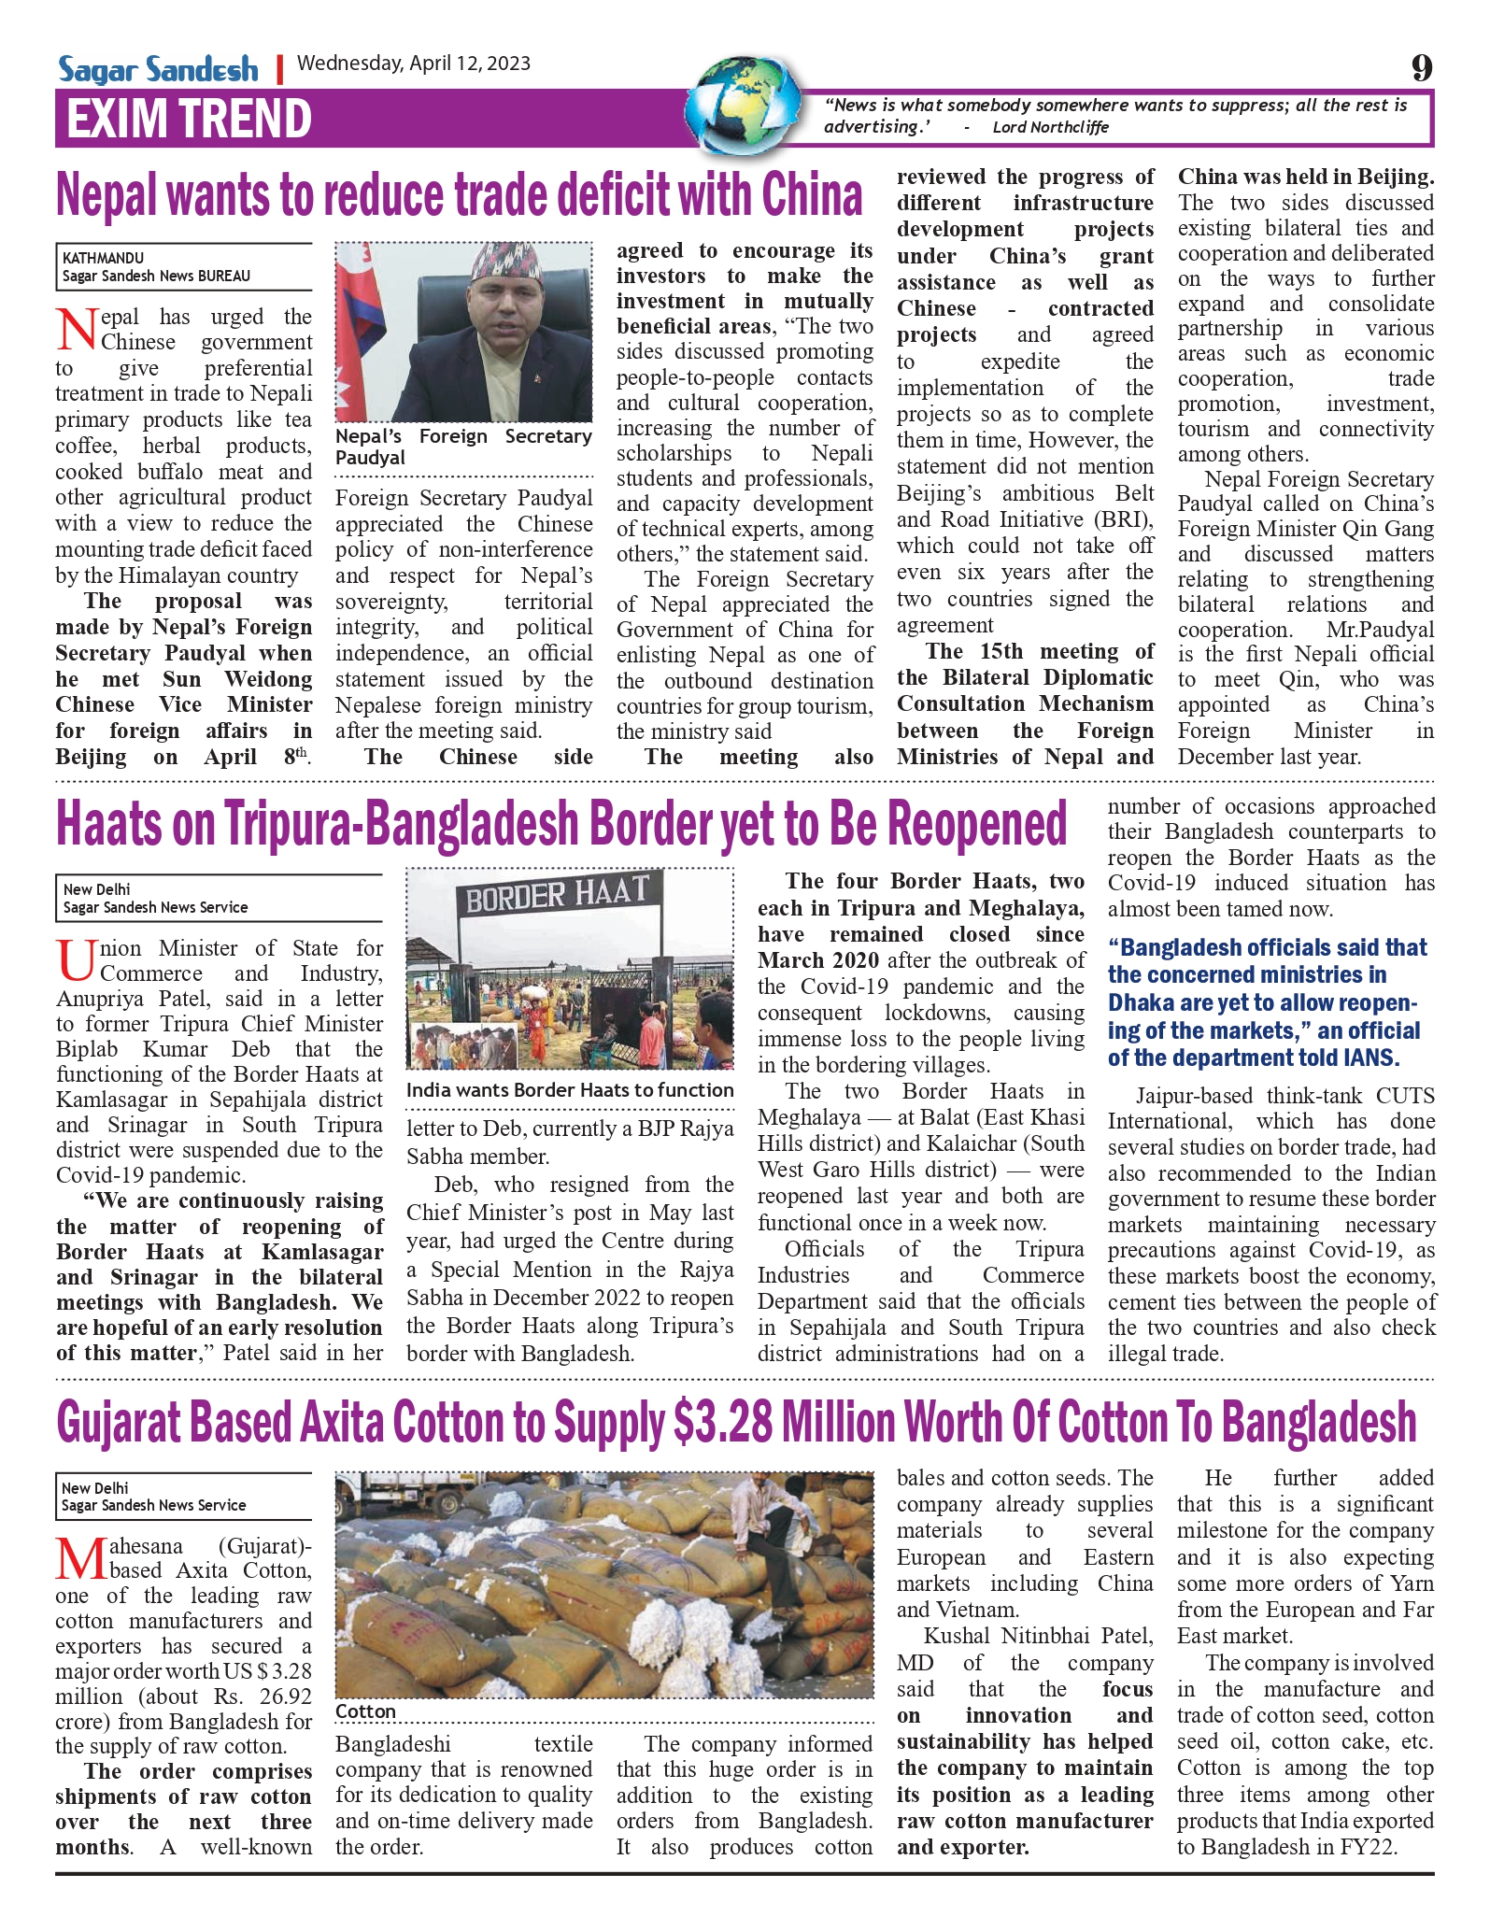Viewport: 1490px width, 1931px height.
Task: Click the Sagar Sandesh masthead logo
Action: point(158,69)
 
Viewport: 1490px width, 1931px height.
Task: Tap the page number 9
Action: point(1421,68)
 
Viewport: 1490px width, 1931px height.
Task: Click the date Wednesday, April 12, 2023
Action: point(413,64)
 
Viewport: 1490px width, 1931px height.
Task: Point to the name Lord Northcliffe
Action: point(1050,127)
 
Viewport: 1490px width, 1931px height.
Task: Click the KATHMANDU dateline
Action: point(103,258)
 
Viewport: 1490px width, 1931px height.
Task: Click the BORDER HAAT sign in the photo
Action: point(557,894)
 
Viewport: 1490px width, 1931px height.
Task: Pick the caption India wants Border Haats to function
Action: point(570,1090)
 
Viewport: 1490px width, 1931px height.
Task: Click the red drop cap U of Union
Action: point(76,961)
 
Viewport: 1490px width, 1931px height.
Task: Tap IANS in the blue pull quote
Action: point(1370,1058)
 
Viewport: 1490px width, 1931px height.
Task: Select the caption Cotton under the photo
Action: point(365,1711)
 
